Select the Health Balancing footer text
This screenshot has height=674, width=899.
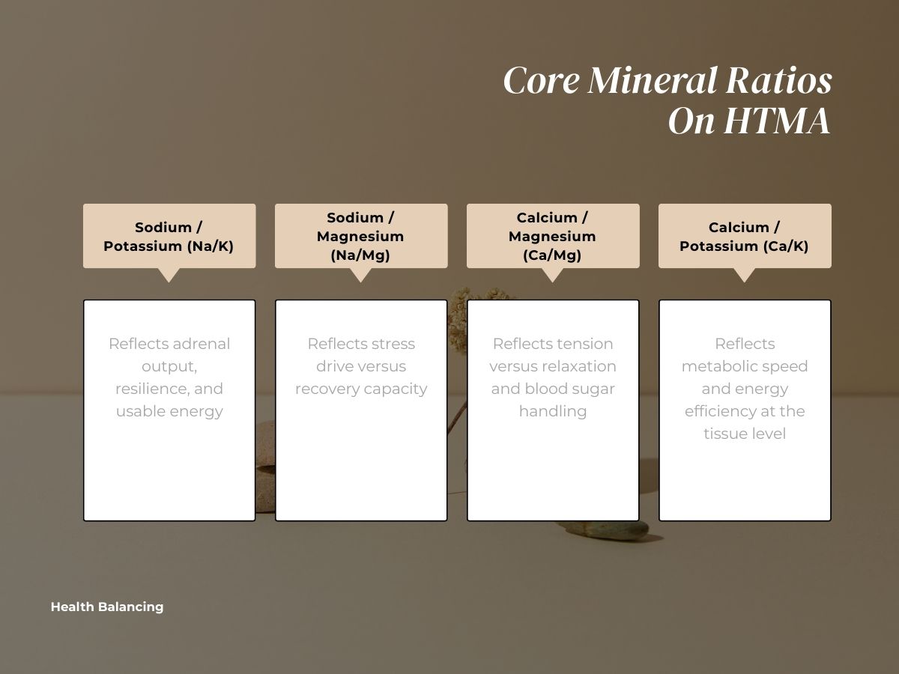click(107, 607)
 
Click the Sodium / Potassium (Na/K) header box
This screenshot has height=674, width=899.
click(169, 236)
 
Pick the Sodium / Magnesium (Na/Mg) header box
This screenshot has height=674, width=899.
click(361, 236)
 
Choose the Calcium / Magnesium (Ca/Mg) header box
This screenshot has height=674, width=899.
click(553, 236)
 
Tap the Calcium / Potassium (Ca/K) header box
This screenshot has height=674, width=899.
click(745, 236)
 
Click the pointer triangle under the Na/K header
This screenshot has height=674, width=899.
click(169, 274)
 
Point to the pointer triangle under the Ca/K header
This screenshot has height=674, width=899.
click(745, 274)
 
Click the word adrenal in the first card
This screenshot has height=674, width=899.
click(202, 344)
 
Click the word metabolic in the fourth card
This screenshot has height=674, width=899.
click(717, 366)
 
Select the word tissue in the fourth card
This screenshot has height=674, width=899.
click(726, 434)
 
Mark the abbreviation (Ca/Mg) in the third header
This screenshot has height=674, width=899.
click(553, 255)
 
